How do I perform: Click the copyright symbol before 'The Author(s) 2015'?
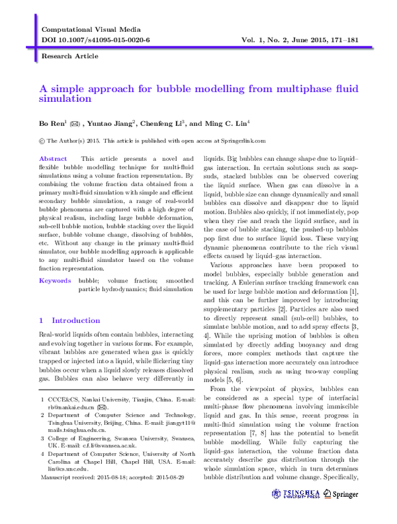pyautogui.click(x=43, y=140)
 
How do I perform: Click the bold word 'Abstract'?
pyautogui.click(x=53, y=159)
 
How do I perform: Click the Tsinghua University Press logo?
pyautogui.click(x=300, y=494)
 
